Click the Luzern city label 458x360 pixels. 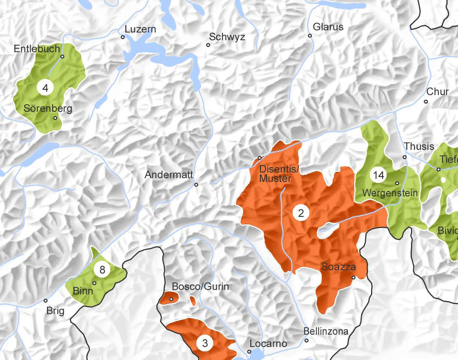click(140, 29)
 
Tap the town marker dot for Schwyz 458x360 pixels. click(208, 45)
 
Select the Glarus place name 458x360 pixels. click(328, 27)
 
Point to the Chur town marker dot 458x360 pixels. click(426, 101)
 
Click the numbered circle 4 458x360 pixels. click(46, 88)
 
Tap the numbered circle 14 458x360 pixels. click(378, 175)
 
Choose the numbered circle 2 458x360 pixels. click(301, 213)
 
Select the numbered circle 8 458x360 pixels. click(102, 269)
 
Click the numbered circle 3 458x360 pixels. click(205, 343)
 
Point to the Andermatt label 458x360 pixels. click(169, 174)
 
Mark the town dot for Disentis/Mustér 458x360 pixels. click(260, 158)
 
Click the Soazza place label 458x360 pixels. click(338, 267)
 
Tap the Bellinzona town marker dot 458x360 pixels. click(307, 340)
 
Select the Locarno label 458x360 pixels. click(268, 343)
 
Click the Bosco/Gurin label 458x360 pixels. click(200, 287)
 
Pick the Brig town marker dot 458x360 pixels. click(46, 300)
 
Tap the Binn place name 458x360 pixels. click(83, 291)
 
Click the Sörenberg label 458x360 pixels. click(48, 108)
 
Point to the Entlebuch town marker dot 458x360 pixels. click(62, 57)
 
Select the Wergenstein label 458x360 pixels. click(390, 193)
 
